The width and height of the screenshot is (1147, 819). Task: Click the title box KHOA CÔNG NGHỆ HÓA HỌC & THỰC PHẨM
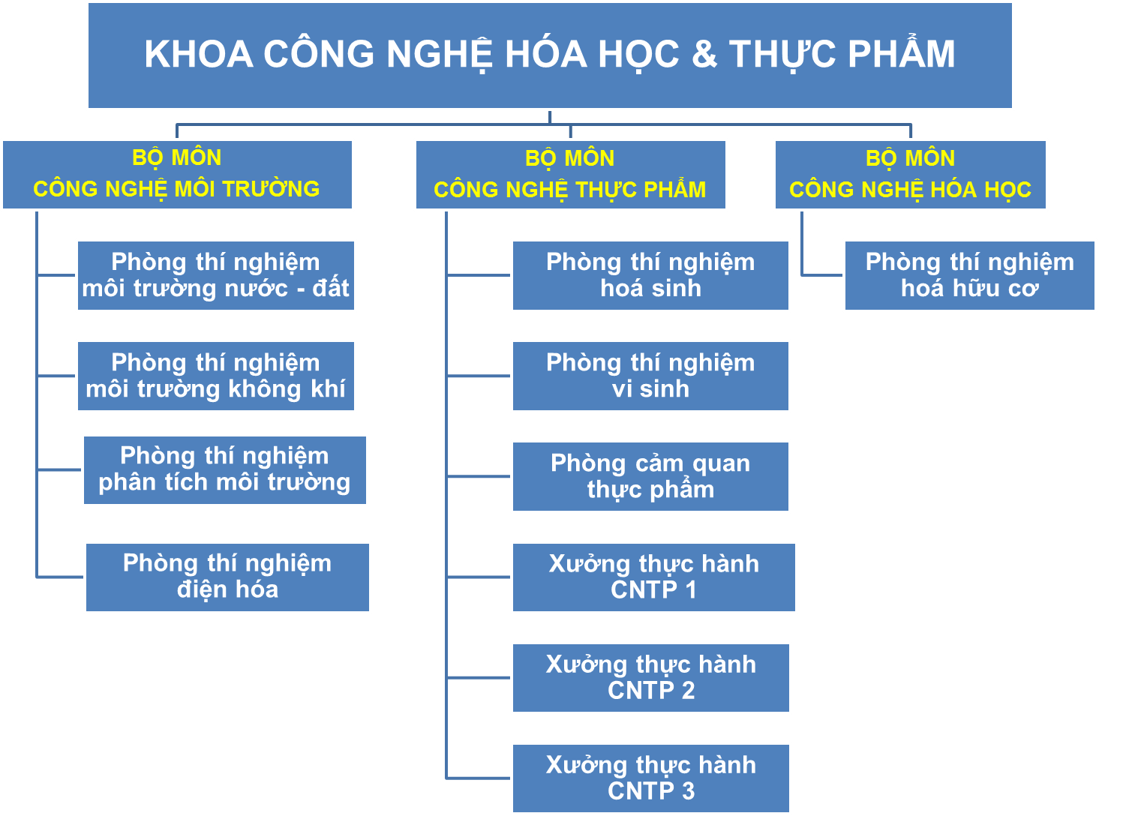click(x=550, y=55)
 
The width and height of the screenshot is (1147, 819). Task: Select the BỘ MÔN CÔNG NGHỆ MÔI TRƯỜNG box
click(x=177, y=175)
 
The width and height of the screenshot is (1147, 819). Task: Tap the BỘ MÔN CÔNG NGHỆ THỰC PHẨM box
click(x=570, y=175)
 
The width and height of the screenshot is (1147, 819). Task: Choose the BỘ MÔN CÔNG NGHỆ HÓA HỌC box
click(x=911, y=175)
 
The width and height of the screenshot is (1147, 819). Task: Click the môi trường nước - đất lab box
click(x=215, y=275)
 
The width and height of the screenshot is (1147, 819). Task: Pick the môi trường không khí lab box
click(x=215, y=376)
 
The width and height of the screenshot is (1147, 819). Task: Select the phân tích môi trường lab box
click(x=225, y=470)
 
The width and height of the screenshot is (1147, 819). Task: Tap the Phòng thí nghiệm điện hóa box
click(x=227, y=577)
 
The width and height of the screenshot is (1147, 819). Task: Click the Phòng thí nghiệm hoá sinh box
click(x=650, y=275)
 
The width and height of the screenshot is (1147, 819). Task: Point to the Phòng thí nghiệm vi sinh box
click(x=650, y=376)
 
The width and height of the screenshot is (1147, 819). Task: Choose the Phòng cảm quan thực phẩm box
click(x=650, y=476)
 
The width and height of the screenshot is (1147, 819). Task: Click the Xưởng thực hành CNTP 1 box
click(x=654, y=577)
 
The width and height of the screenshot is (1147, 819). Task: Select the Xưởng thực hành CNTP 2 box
click(x=651, y=678)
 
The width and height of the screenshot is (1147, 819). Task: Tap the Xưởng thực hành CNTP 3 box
click(x=651, y=778)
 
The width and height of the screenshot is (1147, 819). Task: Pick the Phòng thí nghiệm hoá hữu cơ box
click(x=970, y=275)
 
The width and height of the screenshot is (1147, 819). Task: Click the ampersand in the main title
click(x=704, y=54)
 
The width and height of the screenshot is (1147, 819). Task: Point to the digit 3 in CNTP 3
click(x=688, y=790)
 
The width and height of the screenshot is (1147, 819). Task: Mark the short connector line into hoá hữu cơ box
click(x=822, y=275)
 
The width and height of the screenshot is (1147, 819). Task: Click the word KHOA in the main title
click(x=199, y=54)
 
